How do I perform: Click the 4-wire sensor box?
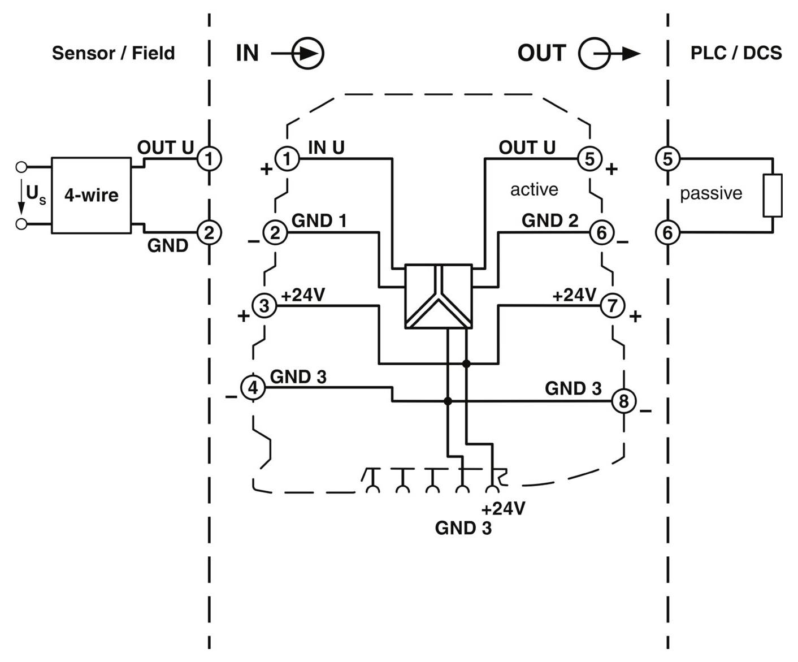(x=91, y=196)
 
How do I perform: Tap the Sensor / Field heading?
(x=113, y=53)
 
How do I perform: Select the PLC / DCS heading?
(x=736, y=53)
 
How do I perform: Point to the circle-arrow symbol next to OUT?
(x=595, y=54)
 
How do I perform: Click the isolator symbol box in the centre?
(x=439, y=296)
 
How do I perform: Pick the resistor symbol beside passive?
(x=772, y=196)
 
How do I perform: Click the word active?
(x=534, y=189)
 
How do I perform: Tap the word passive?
(x=710, y=193)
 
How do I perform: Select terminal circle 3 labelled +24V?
(x=264, y=305)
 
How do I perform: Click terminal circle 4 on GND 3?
(x=253, y=388)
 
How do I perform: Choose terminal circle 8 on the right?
(x=623, y=401)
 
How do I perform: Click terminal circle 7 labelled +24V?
(x=612, y=305)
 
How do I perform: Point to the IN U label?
(x=326, y=148)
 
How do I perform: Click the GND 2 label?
(x=549, y=220)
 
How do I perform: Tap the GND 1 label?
(x=319, y=220)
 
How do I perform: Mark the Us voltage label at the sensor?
(x=36, y=195)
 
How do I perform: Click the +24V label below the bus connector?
(x=503, y=508)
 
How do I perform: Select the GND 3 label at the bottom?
(x=463, y=528)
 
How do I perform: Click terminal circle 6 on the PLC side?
(x=667, y=232)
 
